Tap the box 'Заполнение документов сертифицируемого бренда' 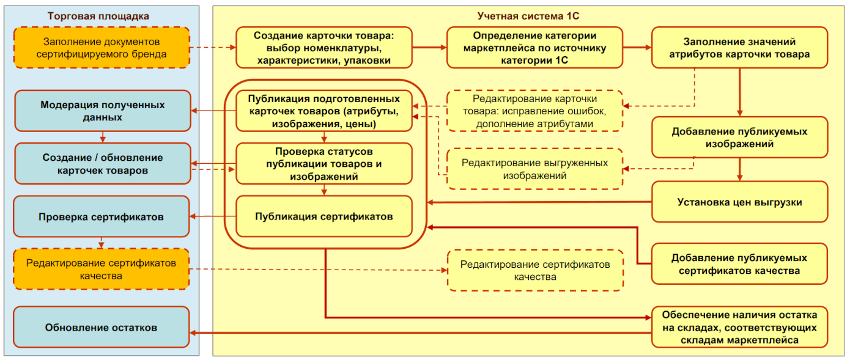point(102,48)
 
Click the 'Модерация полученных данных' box point(102,111)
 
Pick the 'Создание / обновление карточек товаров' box point(102,164)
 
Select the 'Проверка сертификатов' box point(102,216)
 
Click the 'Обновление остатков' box point(102,328)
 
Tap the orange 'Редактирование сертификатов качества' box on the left point(102,269)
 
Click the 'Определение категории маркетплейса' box point(534,48)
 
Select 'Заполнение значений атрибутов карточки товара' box point(739,48)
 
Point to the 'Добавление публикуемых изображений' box point(739,138)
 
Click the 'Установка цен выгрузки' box point(739,202)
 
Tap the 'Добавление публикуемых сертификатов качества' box point(739,264)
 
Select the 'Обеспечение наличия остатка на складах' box point(739,327)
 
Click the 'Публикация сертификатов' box point(323,216)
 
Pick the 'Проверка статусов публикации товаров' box point(323,163)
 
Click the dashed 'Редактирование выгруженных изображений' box point(534,169)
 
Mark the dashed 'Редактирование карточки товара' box point(534,111)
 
